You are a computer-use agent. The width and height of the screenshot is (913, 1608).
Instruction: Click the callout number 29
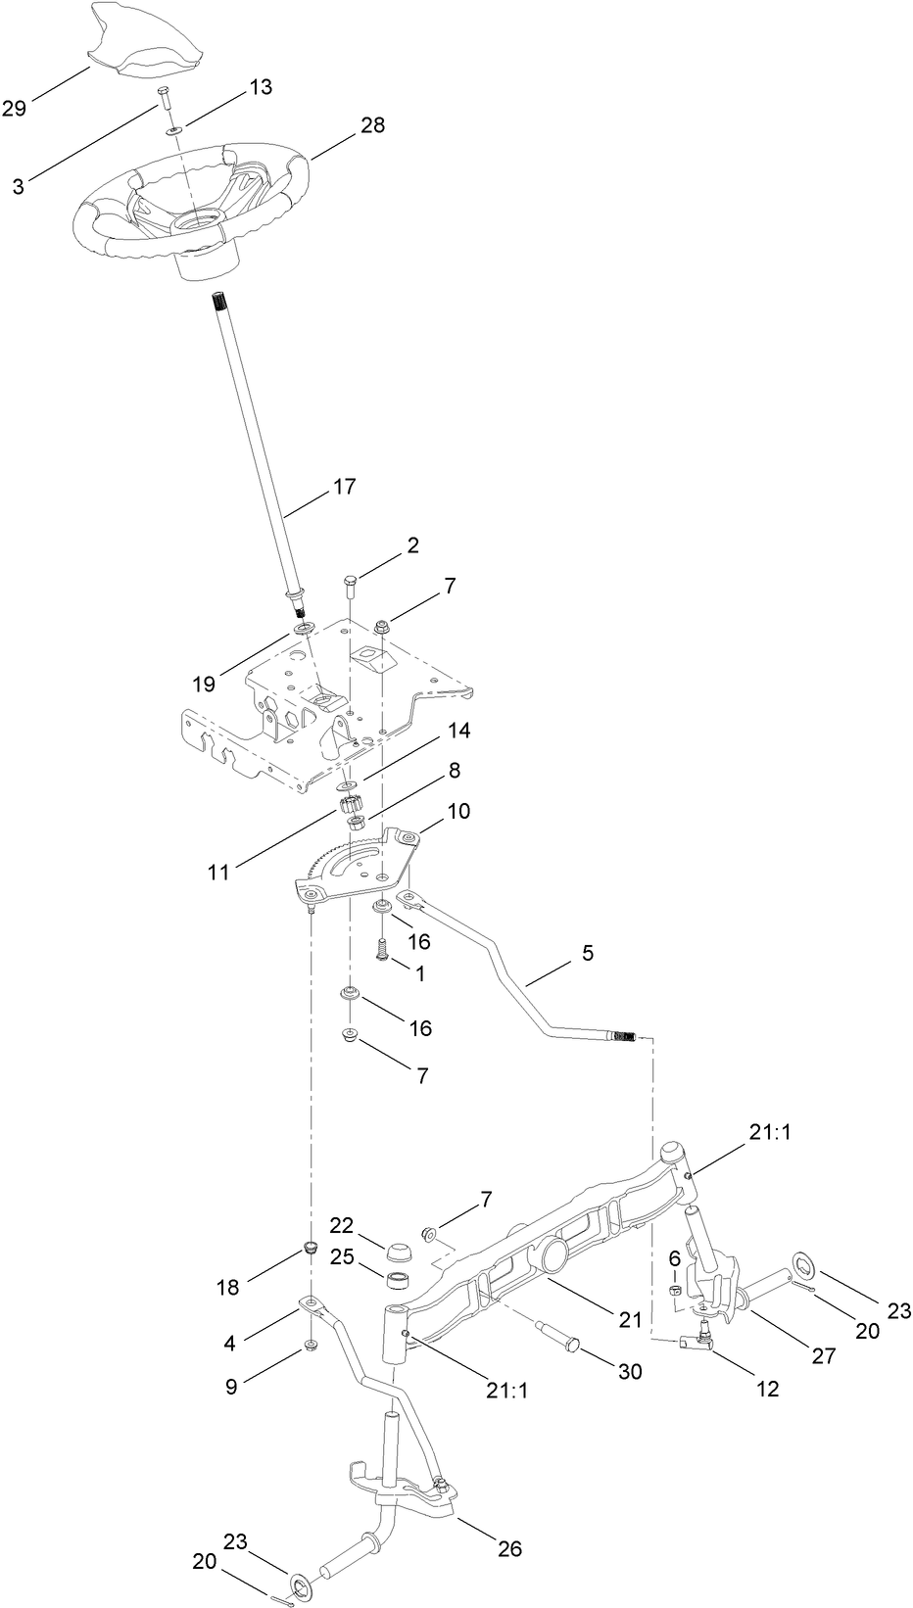click(x=14, y=107)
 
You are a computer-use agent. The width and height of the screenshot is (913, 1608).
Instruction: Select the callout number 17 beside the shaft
click(x=345, y=487)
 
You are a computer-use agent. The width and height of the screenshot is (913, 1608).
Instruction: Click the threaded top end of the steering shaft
click(x=218, y=303)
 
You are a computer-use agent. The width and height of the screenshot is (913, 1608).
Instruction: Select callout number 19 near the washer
click(x=204, y=684)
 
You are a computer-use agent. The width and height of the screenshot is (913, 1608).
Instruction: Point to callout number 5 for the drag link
click(x=588, y=952)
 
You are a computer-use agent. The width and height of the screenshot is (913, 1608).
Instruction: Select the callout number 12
click(x=769, y=1388)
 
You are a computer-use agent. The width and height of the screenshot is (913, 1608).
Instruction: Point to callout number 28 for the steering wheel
click(x=345, y=125)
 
